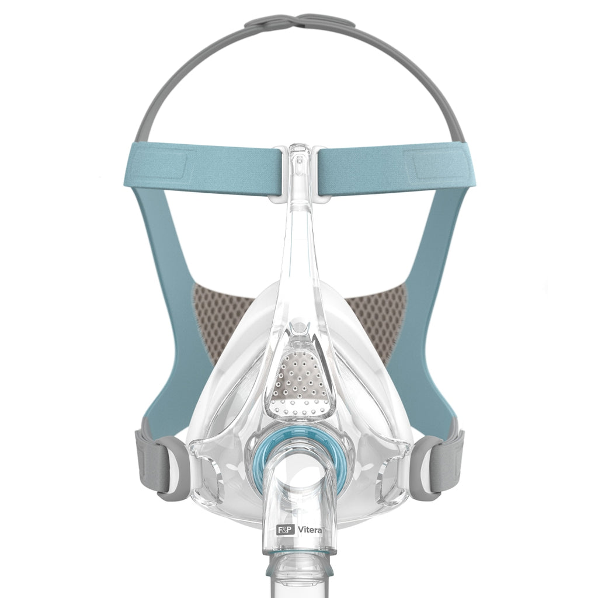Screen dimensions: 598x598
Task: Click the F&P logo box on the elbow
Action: click(284, 530)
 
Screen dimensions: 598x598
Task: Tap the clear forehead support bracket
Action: click(299, 175)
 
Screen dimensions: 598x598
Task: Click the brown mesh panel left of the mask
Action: click(225, 324)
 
